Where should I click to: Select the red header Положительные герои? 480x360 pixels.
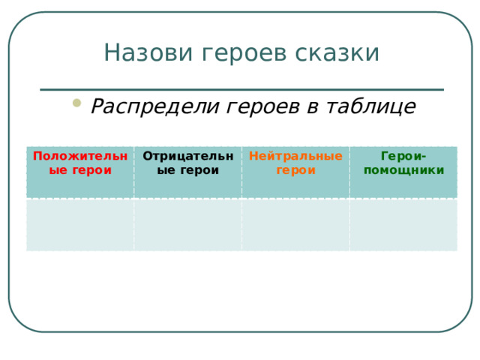(x=80, y=163)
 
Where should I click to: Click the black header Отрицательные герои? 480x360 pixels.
(x=187, y=163)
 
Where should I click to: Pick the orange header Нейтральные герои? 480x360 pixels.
(x=295, y=163)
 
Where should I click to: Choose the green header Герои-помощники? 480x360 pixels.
(x=403, y=163)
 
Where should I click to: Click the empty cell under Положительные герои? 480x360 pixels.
(x=80, y=224)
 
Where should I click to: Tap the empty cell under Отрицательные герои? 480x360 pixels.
(x=187, y=224)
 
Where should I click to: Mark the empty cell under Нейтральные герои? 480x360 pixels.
(x=295, y=224)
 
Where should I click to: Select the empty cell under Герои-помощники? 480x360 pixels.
(x=403, y=224)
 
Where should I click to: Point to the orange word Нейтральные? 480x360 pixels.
(x=295, y=156)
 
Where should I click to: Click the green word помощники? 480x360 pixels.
(x=403, y=169)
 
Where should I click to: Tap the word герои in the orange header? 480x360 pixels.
(x=295, y=169)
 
